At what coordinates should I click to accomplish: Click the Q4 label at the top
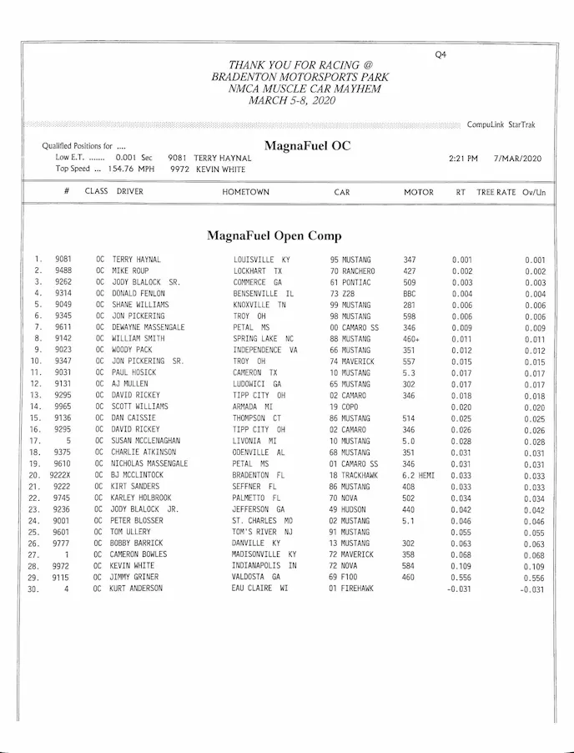click(441, 54)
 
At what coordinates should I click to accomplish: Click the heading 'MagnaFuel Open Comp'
click(274, 235)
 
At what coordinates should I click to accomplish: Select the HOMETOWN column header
click(245, 192)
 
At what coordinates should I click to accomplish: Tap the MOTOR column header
click(419, 192)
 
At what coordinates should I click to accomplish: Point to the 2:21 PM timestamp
click(463, 158)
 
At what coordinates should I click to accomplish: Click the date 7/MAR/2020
click(517, 158)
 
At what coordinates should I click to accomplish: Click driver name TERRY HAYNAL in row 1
click(136, 260)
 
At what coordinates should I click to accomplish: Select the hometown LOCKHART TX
click(258, 271)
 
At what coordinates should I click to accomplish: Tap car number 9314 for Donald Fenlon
click(63, 294)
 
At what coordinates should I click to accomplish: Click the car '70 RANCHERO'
click(352, 271)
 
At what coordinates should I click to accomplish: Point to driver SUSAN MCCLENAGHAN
click(149, 441)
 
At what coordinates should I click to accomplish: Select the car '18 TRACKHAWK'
click(355, 475)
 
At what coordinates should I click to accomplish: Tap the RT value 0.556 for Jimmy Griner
click(462, 577)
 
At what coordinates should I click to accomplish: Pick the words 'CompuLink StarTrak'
click(501, 125)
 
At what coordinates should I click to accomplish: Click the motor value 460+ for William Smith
click(411, 339)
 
